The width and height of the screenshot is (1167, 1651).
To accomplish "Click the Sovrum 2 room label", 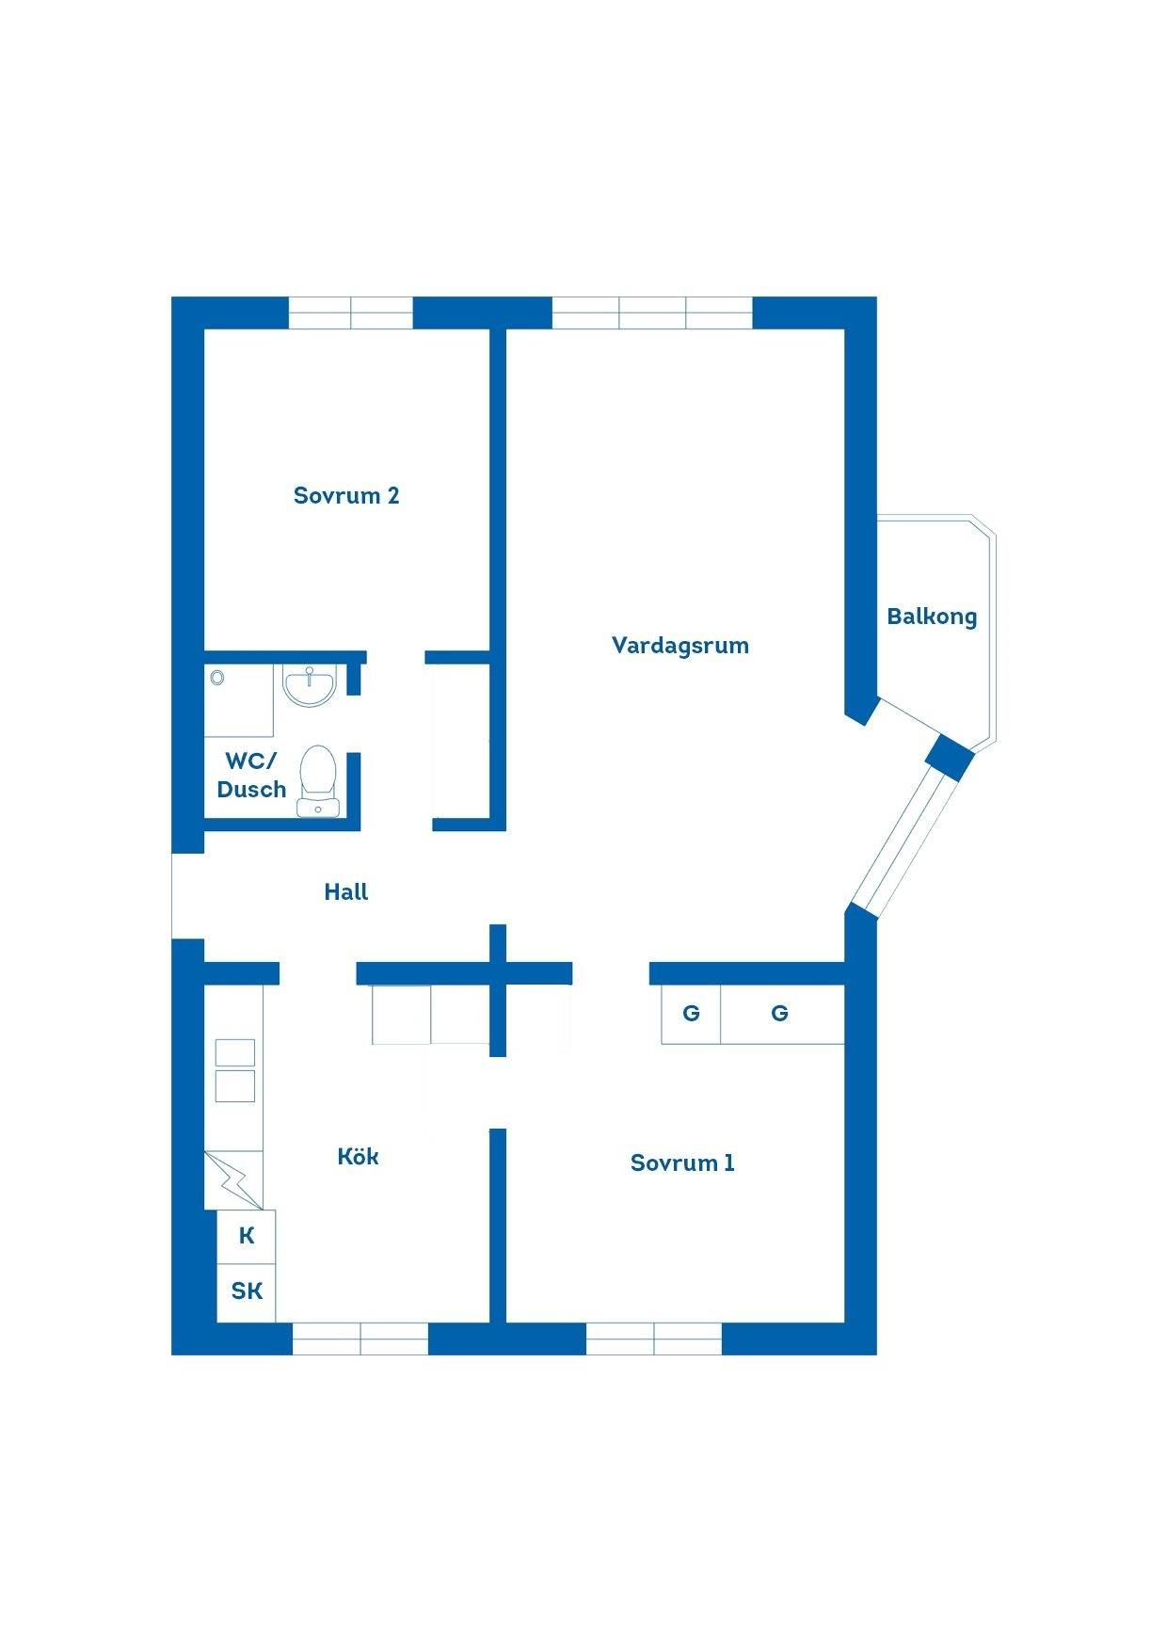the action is coord(346,495).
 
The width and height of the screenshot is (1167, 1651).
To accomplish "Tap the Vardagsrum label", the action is coord(680,646).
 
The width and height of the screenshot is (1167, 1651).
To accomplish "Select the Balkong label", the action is coord(932,617).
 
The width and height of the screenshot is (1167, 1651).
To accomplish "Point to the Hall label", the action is coord(346,891).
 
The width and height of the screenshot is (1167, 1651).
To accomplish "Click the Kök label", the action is coord(358,1156).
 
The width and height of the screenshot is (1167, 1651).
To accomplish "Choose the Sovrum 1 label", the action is coord(682,1162).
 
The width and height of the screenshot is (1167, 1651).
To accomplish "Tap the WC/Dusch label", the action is coord(251,775).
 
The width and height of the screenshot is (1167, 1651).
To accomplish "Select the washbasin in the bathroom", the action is coord(310,685).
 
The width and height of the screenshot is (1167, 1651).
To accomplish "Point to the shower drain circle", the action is coord(217,677).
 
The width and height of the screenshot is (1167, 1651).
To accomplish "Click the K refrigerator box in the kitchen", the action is coord(247,1237).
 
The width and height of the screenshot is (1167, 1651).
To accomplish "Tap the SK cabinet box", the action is coord(247,1292).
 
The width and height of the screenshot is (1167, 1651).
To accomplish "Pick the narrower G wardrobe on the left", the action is coord(691,1014).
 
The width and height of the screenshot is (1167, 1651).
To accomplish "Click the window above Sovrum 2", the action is coord(350,313).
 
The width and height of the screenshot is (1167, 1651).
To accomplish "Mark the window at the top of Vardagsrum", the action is coord(652,313).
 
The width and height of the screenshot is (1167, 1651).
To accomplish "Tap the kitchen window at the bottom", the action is coord(360,1338).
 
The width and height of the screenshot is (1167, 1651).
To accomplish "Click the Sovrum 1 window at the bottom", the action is coord(654,1338).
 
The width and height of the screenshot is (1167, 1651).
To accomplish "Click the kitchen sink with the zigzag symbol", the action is coord(233,1180).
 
